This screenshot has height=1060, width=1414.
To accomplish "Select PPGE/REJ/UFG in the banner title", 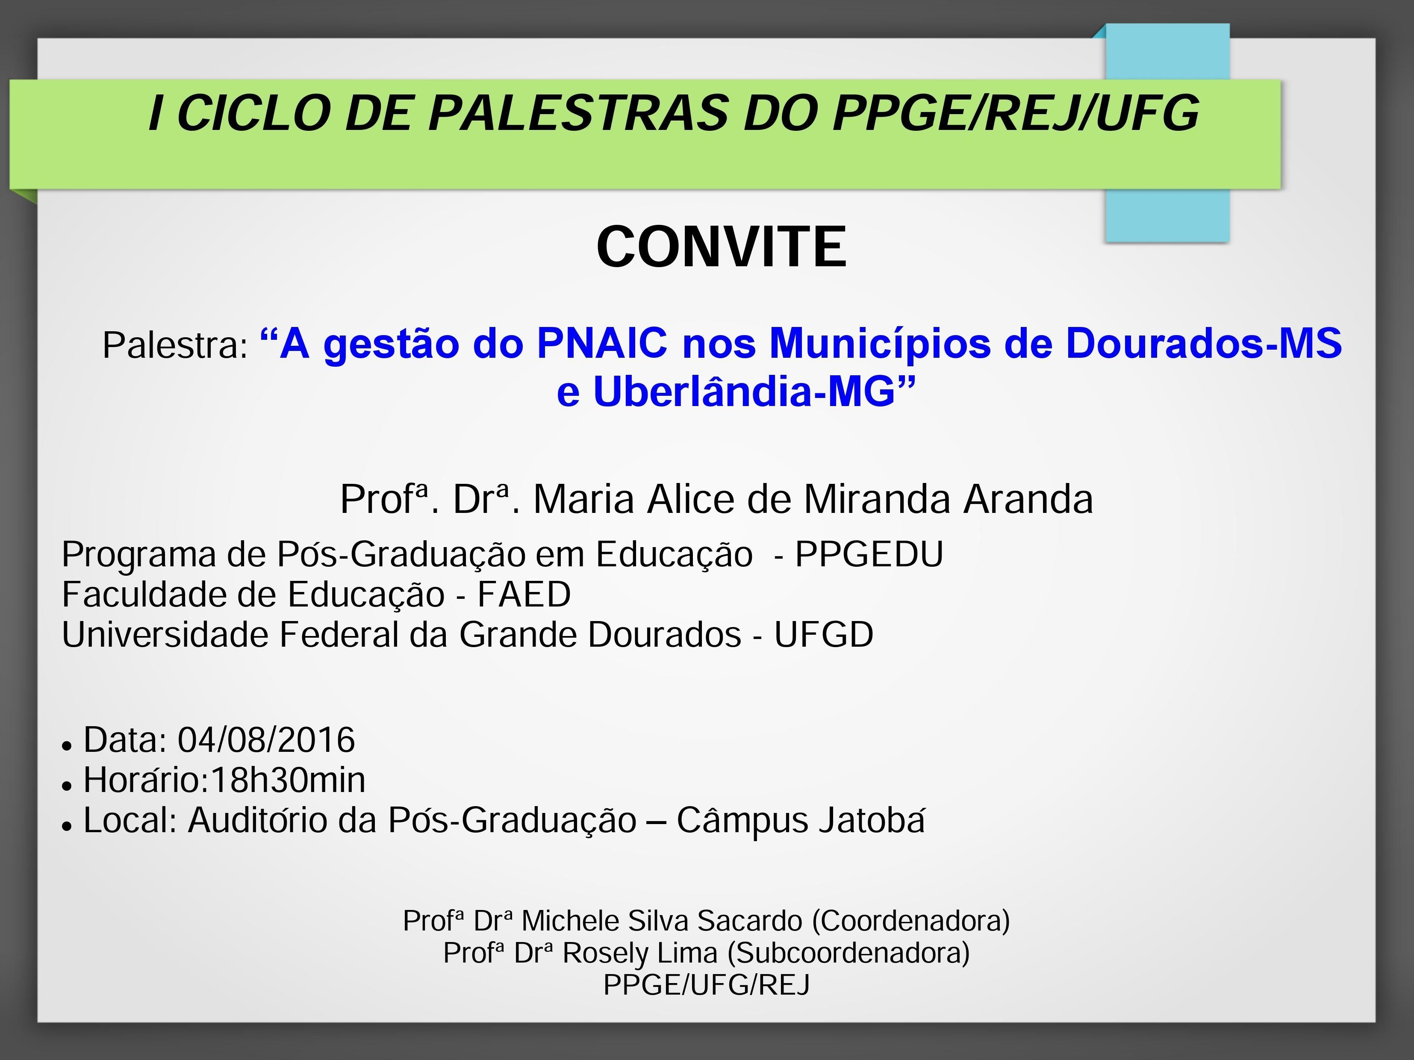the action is click(1016, 113).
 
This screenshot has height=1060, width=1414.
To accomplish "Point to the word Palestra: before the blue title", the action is click(175, 345).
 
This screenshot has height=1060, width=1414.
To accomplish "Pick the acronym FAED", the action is click(524, 595).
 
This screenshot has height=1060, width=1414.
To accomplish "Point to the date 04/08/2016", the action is click(266, 740).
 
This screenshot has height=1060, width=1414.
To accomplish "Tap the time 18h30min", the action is click(288, 780).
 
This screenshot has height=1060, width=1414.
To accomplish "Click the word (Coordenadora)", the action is click(911, 921).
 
